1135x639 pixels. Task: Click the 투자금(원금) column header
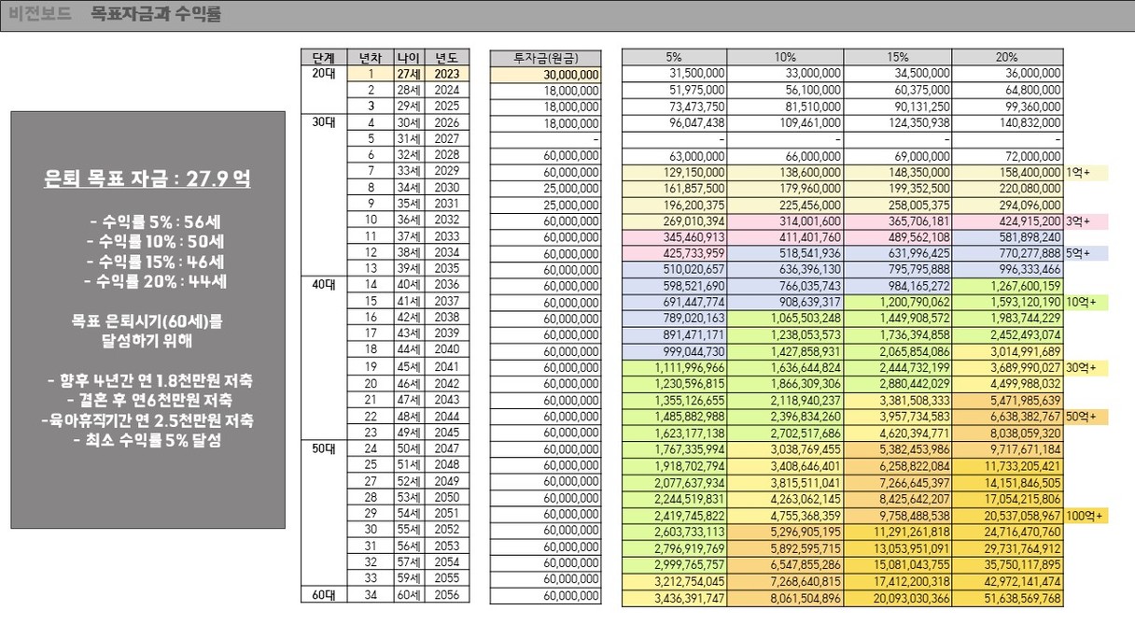pos(545,57)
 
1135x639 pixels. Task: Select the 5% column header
pos(674,57)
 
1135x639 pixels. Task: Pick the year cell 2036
pos(447,285)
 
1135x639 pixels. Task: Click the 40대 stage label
pos(324,285)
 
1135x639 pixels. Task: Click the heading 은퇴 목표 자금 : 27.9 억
pos(147,179)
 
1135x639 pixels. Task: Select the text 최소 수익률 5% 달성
pos(147,441)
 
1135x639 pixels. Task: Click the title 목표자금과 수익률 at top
pos(157,15)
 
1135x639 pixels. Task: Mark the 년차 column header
pos(371,57)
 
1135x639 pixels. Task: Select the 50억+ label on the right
pos(1081,416)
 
